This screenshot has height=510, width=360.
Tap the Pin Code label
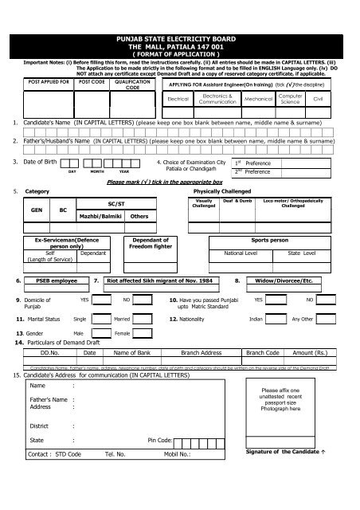coord(160,461)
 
